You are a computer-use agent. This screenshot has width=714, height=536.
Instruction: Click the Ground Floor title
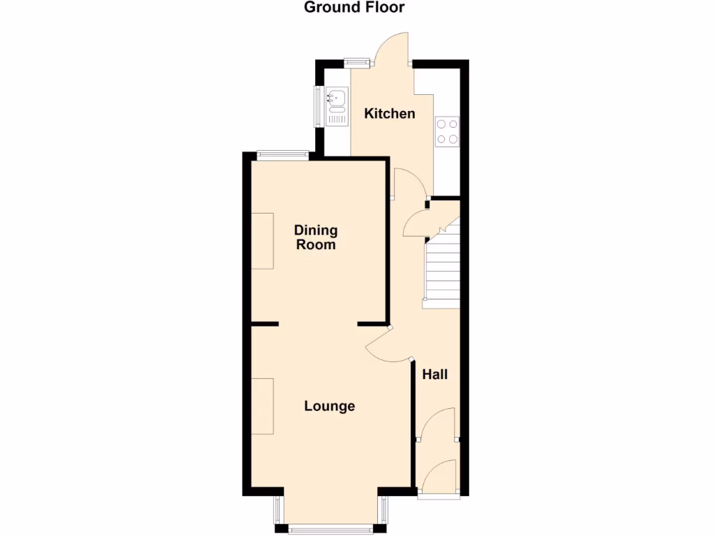click(x=354, y=8)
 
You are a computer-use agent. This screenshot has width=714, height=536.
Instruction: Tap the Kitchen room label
click(x=390, y=114)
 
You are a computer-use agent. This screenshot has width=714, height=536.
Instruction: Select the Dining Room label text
click(x=315, y=237)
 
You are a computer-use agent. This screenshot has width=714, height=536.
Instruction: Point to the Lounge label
click(x=330, y=406)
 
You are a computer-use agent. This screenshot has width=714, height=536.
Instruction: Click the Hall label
click(x=435, y=375)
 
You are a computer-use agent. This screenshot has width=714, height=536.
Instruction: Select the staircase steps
click(x=443, y=269)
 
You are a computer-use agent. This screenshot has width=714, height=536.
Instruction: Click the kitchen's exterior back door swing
click(x=390, y=47)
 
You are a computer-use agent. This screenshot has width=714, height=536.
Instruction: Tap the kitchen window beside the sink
click(x=319, y=106)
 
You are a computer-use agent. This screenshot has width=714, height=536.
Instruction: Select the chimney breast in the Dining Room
click(x=263, y=241)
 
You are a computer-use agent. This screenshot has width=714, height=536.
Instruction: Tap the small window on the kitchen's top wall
click(x=356, y=62)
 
